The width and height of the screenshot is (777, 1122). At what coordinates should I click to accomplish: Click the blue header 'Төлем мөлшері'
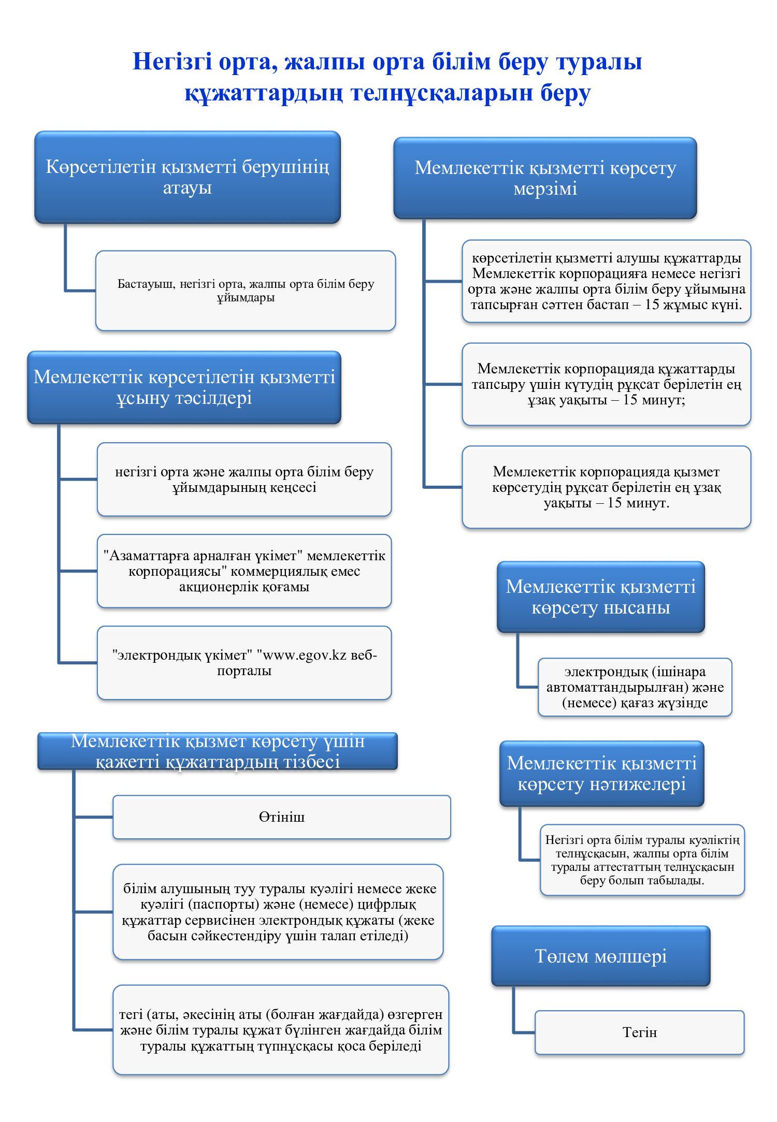tap(600, 956)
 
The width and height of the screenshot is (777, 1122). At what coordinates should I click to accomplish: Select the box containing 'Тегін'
tap(640, 1032)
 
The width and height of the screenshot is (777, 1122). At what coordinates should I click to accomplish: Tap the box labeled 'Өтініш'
tap(282, 817)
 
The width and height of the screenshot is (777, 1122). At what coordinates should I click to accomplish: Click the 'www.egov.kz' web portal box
tap(244, 663)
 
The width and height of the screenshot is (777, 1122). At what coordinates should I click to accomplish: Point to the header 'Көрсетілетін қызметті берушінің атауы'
tap(188, 177)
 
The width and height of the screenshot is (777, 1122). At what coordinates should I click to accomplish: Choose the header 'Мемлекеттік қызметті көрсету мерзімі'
tap(545, 178)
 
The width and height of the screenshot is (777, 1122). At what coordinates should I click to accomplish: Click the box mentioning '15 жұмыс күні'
tap(606, 281)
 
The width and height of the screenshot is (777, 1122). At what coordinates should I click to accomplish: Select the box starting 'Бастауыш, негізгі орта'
tap(246, 290)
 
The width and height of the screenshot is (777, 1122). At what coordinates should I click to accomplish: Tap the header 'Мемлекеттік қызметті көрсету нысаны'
tap(601, 597)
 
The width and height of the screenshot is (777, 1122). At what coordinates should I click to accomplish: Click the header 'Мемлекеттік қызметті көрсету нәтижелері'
tap(602, 774)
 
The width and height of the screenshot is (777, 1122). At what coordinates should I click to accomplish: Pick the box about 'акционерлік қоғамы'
tap(244, 571)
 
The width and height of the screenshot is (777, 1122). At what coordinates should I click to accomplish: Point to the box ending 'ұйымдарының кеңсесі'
tap(244, 479)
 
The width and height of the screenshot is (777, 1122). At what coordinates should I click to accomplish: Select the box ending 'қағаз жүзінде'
tap(635, 687)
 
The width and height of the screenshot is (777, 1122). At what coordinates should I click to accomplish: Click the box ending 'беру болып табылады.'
tap(642, 860)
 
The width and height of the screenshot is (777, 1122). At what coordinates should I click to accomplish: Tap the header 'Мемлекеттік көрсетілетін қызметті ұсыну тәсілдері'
tap(184, 387)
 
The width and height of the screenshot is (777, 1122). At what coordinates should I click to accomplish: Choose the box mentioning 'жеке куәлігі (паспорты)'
tap(278, 912)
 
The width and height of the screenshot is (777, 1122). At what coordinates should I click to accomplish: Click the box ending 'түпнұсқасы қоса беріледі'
tap(281, 1030)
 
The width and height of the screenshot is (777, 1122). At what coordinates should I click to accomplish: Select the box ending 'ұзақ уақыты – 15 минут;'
tap(606, 384)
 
